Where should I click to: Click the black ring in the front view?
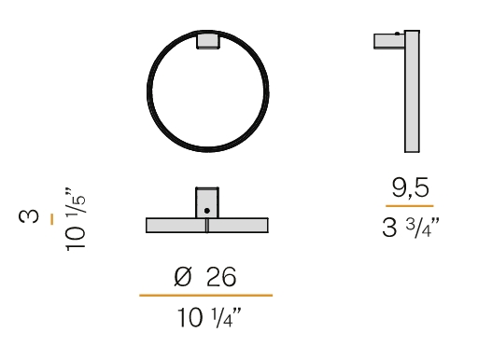148,91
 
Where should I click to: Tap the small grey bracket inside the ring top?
207,41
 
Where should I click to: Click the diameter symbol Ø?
183,277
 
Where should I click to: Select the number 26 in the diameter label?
221,277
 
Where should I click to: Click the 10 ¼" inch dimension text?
209,318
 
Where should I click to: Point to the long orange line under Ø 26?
206,296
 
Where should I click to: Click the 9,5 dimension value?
410,187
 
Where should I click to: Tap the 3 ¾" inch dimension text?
411,228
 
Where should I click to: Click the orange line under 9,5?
410,206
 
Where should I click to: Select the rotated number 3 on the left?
29,216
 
